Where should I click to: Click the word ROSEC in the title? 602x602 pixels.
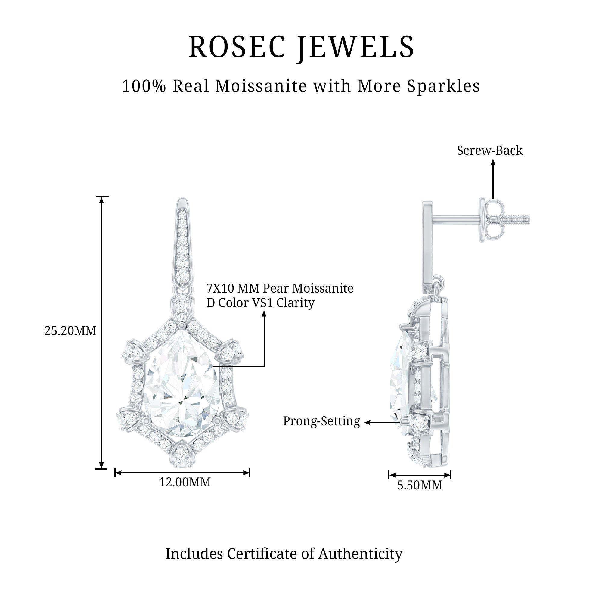[237, 47]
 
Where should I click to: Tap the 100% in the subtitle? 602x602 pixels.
[144, 86]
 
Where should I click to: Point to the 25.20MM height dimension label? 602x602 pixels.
[70, 331]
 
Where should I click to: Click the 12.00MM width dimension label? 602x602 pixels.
[185, 482]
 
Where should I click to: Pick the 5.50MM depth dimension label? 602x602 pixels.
[419, 485]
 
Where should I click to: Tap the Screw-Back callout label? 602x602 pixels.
[489, 150]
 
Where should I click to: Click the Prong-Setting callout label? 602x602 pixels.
[321, 421]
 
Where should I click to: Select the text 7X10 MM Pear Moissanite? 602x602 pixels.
[280, 288]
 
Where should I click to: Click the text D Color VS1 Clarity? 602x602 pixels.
[260, 303]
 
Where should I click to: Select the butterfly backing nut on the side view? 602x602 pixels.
[492, 220]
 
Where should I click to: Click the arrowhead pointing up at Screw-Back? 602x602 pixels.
[493, 162]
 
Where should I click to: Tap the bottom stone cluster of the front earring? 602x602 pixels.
[182, 455]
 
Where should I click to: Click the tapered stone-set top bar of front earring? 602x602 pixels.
[182, 243]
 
